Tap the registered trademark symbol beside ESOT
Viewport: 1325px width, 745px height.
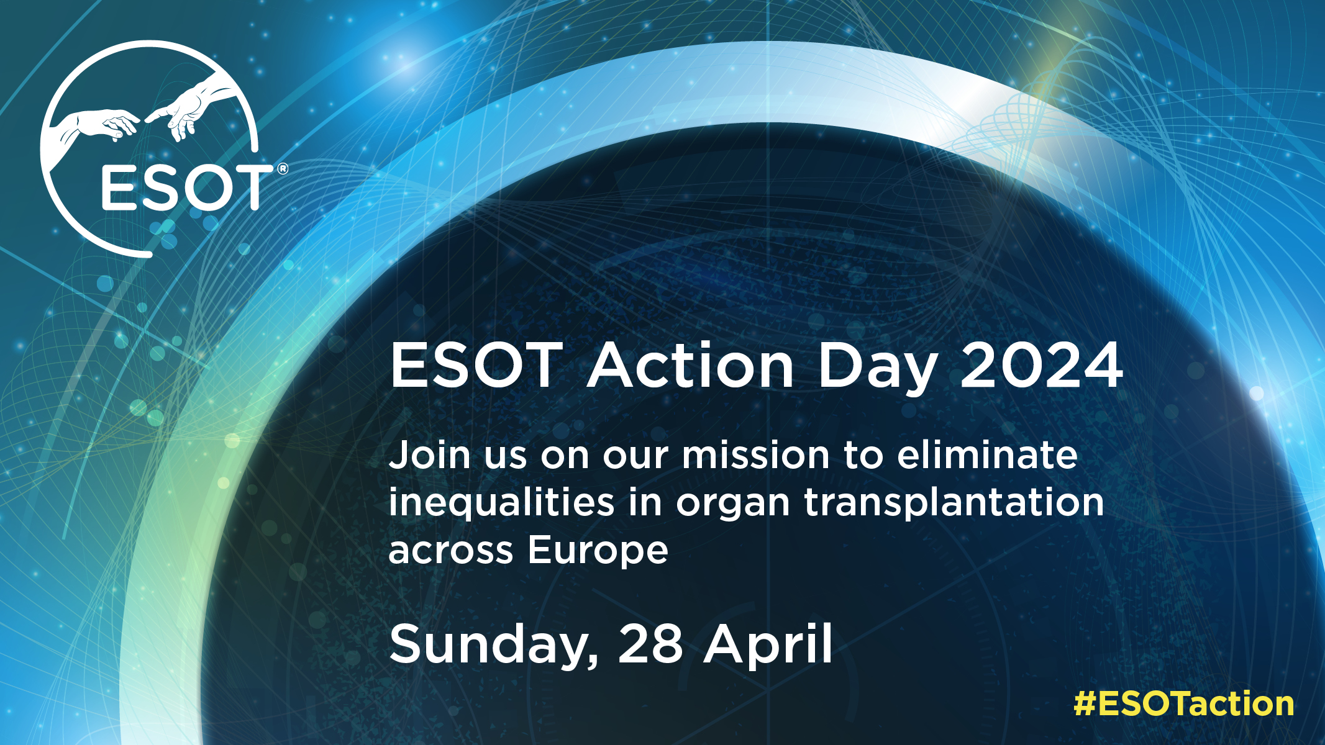pos(282,169)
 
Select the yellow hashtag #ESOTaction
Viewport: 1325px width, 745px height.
pos(1184,704)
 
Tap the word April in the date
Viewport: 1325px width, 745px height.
pos(768,646)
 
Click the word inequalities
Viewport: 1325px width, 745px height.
pos(501,503)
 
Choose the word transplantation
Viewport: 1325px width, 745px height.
pos(954,503)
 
